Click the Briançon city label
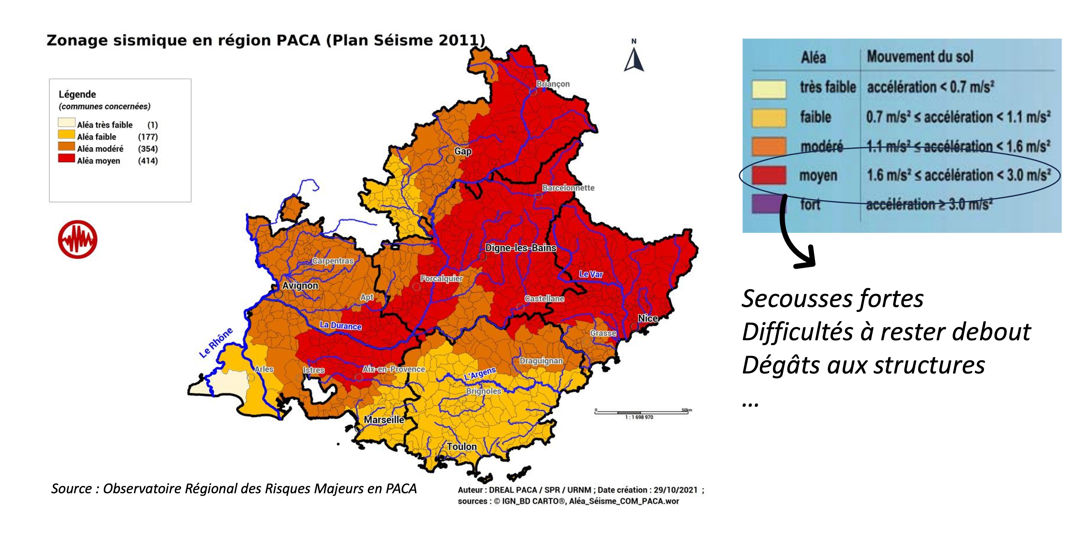[553, 84]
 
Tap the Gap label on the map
[463, 151]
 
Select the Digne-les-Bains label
[521, 248]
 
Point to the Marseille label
[384, 419]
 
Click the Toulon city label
[461, 447]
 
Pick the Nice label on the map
[648, 318]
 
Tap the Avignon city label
[300, 286]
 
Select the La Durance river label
[340, 325]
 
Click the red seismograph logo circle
[78, 239]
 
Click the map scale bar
[641, 412]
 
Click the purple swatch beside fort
[769, 204]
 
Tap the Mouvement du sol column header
[920, 57]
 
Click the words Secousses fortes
[832, 299]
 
